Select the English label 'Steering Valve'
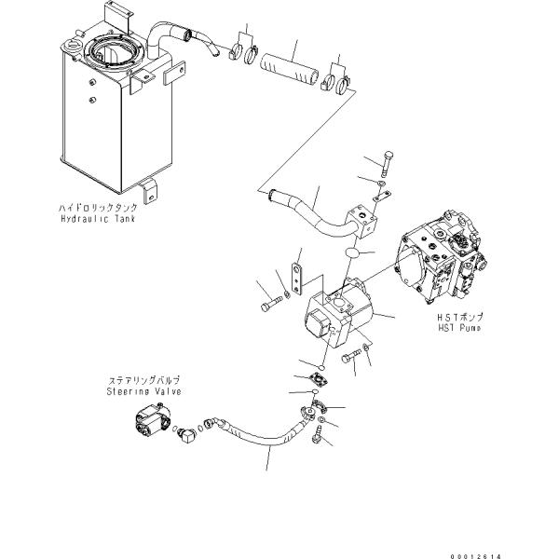(143, 392)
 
